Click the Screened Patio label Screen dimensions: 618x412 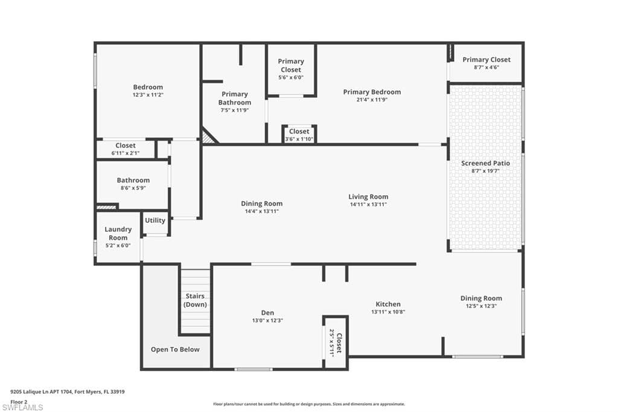tap(485, 163)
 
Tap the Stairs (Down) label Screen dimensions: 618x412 tap(195, 300)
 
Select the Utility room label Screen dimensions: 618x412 tap(155, 220)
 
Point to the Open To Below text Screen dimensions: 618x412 tap(175, 349)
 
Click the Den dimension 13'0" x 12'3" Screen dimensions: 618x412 tap(267, 320)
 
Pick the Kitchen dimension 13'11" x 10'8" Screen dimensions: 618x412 tap(388, 312)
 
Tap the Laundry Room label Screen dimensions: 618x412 tap(118, 233)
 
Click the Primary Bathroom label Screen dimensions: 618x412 tap(235, 98)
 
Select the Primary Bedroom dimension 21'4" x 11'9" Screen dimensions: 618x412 tap(372, 100)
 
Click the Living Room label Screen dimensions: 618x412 tap(368, 196)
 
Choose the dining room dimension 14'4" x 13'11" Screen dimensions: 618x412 tap(262, 211)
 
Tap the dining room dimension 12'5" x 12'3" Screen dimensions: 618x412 tap(481, 306)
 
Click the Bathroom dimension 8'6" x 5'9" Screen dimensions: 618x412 tap(133, 188)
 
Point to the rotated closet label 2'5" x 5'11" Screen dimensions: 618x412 tap(336, 343)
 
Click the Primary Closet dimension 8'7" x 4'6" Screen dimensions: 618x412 tap(486, 68)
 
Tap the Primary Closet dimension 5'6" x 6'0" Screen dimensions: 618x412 tap(291, 77)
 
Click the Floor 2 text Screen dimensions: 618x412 tap(19, 402)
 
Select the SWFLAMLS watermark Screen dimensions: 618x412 tap(22, 407)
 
